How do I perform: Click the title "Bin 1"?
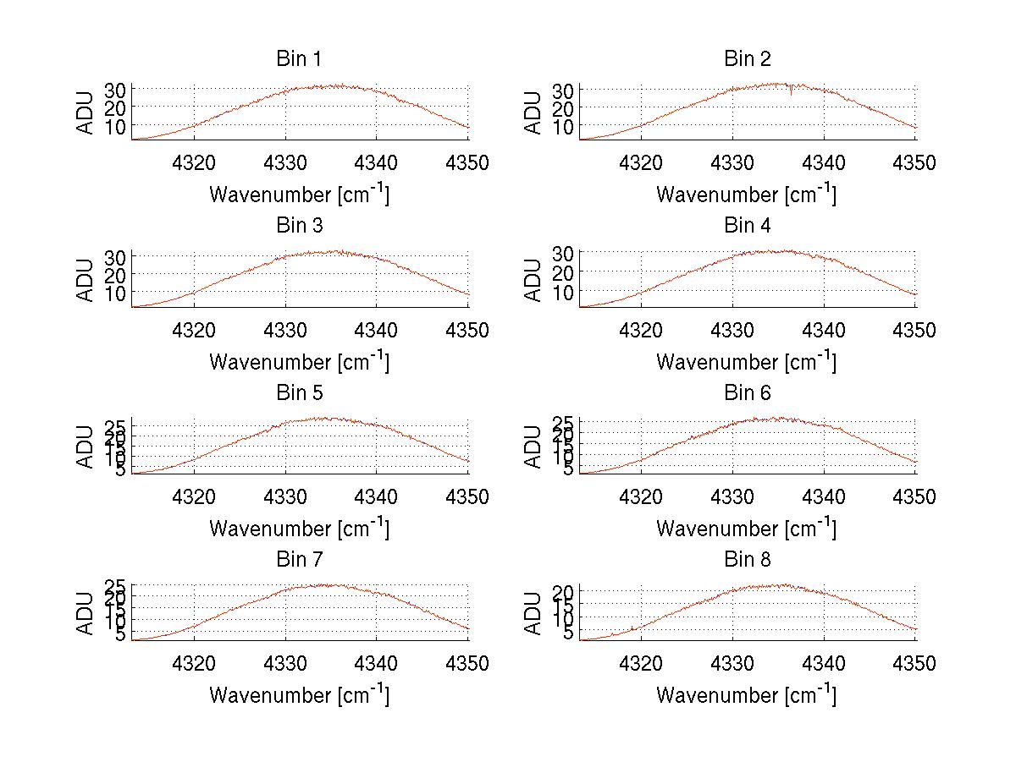[299, 59]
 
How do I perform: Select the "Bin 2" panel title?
[747, 59]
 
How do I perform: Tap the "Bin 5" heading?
[299, 393]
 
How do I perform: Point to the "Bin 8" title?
[747, 560]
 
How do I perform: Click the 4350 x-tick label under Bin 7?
[467, 664]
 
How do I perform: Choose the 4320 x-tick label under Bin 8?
[642, 664]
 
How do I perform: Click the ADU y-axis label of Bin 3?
[86, 279]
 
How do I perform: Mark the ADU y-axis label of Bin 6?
[533, 446]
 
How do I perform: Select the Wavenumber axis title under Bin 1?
[299, 195]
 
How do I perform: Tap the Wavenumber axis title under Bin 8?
[747, 695]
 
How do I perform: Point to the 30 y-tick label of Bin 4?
[565, 253]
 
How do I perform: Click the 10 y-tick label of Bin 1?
[117, 126]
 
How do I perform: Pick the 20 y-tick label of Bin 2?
[565, 107]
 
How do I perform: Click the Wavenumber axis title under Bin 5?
[299, 529]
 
